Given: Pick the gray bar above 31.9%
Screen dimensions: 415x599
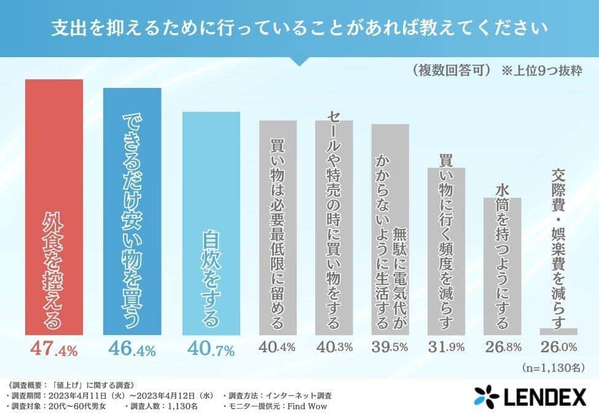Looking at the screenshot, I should point(447,252).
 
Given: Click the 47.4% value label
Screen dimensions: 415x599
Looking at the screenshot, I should point(53,351).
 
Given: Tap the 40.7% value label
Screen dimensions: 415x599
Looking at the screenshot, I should point(211,351).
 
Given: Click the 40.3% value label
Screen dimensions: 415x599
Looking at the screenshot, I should point(334,347).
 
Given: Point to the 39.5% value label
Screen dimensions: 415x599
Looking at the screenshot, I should point(390,347).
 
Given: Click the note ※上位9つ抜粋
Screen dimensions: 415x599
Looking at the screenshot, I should point(542,69).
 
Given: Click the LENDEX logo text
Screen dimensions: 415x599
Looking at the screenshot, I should point(543,397).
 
